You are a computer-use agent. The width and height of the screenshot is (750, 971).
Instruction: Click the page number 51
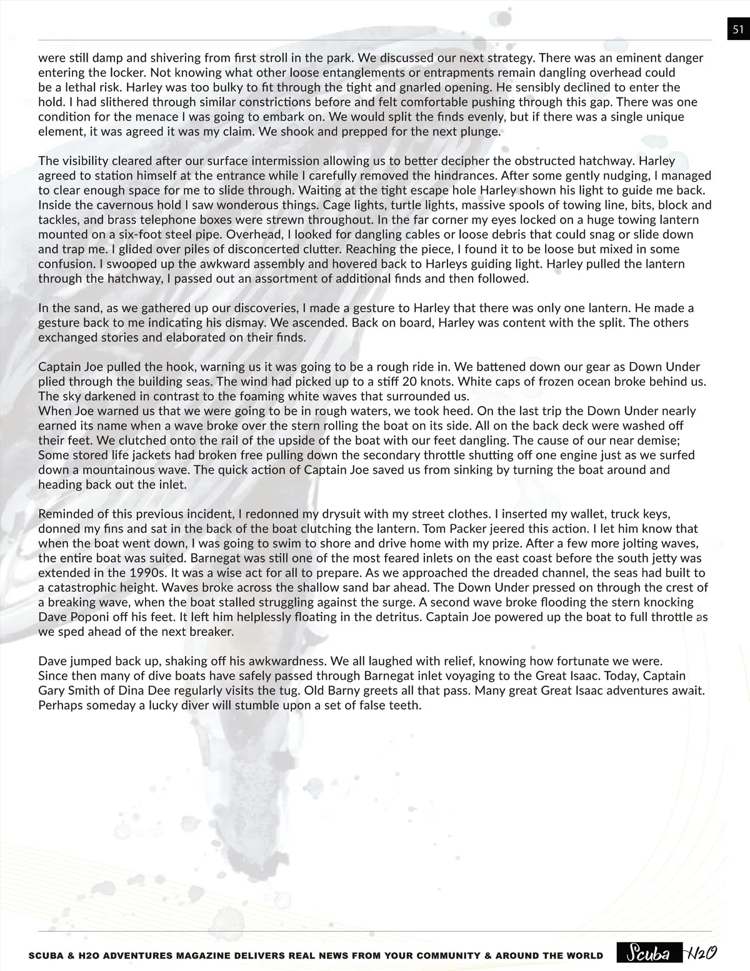coord(737,29)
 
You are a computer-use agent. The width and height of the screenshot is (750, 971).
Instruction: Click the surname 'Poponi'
coord(90,616)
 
